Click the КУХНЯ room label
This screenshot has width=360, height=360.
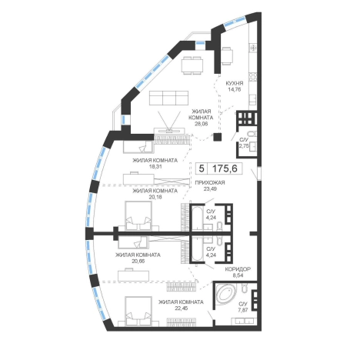click(x=235, y=83)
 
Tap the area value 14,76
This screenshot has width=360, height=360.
click(x=235, y=89)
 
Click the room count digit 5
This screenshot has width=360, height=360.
click(x=202, y=168)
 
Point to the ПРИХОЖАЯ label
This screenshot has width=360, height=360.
click(x=210, y=182)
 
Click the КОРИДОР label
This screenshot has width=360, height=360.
click(x=238, y=269)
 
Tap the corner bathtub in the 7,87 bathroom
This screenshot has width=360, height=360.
click(x=226, y=295)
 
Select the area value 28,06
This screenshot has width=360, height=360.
click(x=201, y=124)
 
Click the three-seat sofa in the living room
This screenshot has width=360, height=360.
click(x=168, y=98)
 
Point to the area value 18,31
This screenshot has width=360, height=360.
click(x=155, y=166)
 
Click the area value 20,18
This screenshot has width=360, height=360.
click(x=155, y=197)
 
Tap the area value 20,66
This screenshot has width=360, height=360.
click(x=138, y=262)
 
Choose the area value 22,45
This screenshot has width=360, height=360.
click(x=181, y=308)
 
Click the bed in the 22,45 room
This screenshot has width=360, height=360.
click(x=138, y=312)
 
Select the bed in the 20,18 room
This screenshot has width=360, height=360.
click(x=138, y=216)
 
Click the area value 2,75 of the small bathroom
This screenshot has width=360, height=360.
click(x=244, y=146)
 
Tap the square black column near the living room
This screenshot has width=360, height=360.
click(x=218, y=137)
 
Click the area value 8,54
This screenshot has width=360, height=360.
click(x=238, y=275)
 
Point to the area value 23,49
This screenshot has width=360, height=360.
click(x=210, y=188)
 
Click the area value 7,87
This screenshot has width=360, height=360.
click(x=243, y=310)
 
